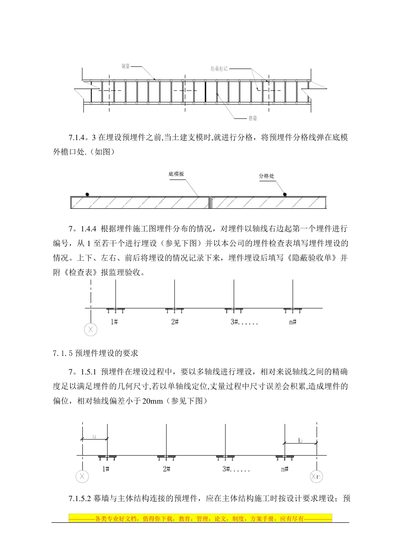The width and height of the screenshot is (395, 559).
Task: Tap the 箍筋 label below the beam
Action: tap(253, 119)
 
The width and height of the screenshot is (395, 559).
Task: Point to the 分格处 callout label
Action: tap(267, 176)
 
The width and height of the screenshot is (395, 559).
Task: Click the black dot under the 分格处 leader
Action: tap(285, 194)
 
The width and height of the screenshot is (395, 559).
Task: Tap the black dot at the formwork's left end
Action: tap(87, 194)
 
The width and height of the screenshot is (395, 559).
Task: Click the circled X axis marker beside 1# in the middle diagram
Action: tap(90, 330)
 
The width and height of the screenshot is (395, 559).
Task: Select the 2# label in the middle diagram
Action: tap(175, 322)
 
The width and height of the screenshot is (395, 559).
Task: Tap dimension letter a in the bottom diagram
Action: tap(94, 437)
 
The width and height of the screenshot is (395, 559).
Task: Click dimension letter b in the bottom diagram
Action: tap(301, 440)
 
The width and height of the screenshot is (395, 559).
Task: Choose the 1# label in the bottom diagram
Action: tap(106, 469)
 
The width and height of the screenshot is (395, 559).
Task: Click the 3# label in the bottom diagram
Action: tap(227, 469)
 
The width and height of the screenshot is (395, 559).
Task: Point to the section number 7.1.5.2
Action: tap(79, 499)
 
